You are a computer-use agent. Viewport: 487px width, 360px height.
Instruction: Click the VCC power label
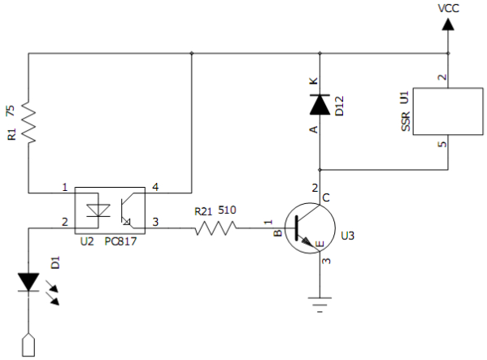448,8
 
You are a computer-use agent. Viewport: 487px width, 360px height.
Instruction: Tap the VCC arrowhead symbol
448,24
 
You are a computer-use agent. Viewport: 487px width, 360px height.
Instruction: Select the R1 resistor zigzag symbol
28,122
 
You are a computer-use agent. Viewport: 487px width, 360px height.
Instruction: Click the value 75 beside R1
11,111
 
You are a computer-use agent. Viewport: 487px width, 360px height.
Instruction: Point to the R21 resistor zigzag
216,228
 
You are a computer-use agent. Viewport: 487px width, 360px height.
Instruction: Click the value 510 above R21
227,210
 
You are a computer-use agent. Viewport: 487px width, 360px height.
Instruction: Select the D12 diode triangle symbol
320,105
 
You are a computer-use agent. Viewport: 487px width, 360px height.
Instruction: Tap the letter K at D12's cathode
314,80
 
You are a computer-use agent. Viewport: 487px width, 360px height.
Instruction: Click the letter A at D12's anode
314,129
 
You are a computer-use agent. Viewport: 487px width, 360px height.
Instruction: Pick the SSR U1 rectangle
448,111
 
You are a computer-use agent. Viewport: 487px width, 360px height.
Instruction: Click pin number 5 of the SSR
442,145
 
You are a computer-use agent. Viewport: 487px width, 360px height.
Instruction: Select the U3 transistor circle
310,228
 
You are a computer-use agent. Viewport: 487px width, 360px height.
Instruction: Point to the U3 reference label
347,236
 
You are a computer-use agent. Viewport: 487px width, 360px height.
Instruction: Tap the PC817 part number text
120,241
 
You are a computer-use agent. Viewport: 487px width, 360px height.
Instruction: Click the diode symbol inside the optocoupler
98,210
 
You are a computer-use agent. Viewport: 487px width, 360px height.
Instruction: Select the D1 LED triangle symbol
28,282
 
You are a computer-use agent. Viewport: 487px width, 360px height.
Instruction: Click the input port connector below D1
28,345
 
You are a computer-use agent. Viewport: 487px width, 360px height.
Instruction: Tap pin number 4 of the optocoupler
155,187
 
